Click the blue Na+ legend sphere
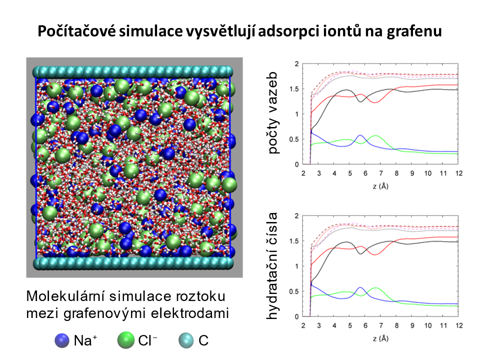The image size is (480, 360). [62, 341]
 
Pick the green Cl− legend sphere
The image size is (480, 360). [125, 341]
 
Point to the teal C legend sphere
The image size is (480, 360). [186, 341]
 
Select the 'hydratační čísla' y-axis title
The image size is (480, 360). [274, 265]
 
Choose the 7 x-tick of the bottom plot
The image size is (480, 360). [380, 325]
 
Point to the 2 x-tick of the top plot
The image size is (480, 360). [303, 172]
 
